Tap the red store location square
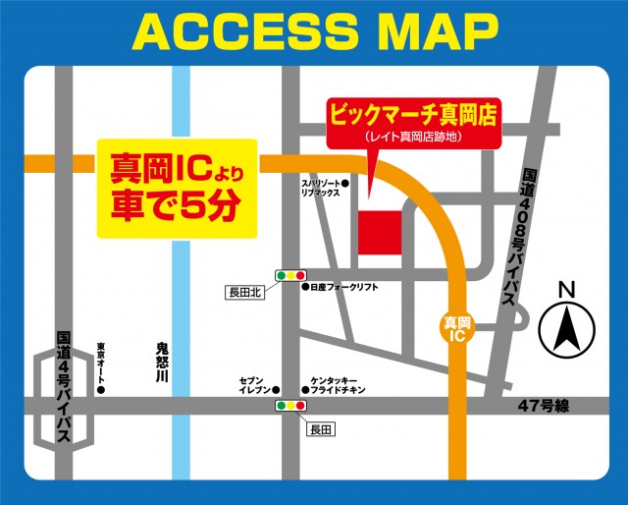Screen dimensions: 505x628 click(379, 232)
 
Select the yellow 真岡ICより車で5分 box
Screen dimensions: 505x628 click(177, 190)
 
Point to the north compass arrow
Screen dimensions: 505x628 click(564, 330)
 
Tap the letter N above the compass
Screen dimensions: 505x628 click(565, 290)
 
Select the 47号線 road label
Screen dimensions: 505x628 click(544, 406)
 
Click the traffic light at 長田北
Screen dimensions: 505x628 click(290, 276)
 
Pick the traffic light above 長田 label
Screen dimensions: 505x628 click(290, 405)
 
